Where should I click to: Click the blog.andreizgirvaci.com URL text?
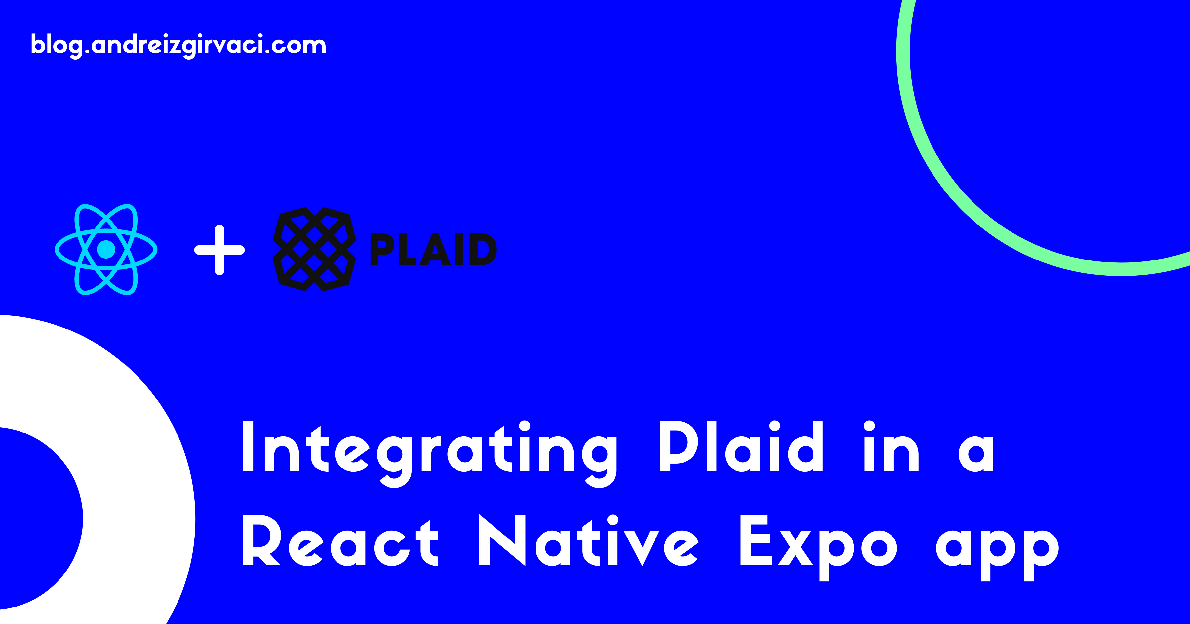(178, 45)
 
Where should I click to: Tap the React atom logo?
(106, 249)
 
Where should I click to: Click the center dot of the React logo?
(106, 249)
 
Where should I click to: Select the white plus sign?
(219, 250)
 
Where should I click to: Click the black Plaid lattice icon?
(314, 249)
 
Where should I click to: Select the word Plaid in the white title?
(741, 446)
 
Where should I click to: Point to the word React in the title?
(340, 541)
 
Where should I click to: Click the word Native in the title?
(589, 541)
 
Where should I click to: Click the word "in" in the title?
(892, 446)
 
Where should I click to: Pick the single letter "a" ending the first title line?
(976, 455)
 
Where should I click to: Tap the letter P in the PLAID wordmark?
(381, 249)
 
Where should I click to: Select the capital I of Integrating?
(248, 446)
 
